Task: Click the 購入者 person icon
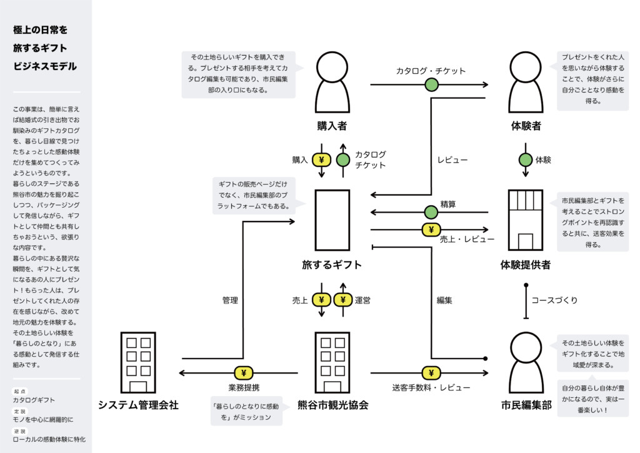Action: [x=331, y=82]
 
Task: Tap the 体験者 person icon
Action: [x=526, y=82]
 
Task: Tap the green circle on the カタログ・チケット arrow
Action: [x=431, y=84]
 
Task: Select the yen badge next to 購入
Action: [x=321, y=160]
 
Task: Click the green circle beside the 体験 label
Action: [x=526, y=160]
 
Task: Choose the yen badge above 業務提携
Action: [x=243, y=373]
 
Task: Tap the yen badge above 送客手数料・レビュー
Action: [x=431, y=373]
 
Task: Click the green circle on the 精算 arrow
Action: [x=431, y=213]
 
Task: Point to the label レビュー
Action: [x=452, y=160]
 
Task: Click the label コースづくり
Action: [x=554, y=300]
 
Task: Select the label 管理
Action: [x=230, y=300]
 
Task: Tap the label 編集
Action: [x=444, y=300]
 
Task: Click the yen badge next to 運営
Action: [x=343, y=300]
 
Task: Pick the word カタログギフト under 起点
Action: [x=34, y=400]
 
